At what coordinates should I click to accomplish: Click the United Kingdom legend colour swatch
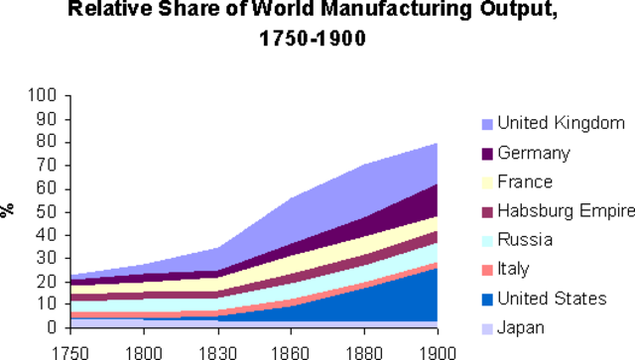(x=487, y=124)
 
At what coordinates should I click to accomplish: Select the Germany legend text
(x=533, y=153)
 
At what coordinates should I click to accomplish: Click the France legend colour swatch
(x=487, y=182)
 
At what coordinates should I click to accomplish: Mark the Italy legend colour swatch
(x=487, y=269)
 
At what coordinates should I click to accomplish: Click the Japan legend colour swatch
(x=487, y=327)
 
